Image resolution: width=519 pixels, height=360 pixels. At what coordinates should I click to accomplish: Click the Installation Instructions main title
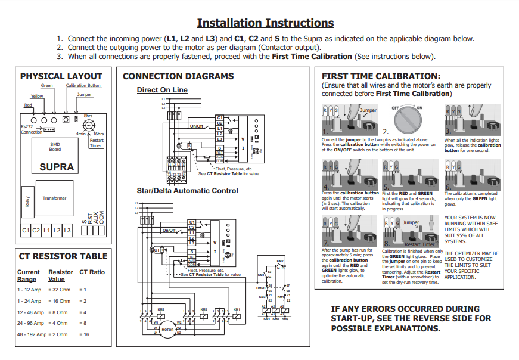(265, 23)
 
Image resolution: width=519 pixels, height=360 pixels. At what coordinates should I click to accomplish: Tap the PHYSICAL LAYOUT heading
(61, 76)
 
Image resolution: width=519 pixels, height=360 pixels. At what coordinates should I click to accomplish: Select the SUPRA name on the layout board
(57, 167)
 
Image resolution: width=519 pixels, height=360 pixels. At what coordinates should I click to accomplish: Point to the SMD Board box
(55, 147)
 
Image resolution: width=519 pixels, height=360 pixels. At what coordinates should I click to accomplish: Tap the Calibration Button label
(83, 86)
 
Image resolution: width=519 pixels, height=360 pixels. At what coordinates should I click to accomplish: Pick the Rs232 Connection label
(32, 129)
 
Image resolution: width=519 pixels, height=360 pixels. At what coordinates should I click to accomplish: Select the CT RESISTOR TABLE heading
(63, 256)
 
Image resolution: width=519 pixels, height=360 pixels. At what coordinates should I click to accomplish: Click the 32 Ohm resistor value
(60, 290)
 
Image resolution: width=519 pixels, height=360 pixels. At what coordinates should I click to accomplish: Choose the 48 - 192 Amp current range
(31, 334)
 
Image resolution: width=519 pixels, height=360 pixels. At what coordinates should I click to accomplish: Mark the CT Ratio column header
(92, 272)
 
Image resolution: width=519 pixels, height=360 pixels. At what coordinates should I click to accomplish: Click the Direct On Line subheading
(162, 90)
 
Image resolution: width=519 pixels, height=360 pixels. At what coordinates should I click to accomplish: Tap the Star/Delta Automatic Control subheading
(187, 191)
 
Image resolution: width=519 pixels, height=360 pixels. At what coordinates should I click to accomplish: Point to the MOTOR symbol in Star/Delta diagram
(167, 329)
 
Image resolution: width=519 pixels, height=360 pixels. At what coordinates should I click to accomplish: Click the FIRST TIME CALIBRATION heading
(381, 76)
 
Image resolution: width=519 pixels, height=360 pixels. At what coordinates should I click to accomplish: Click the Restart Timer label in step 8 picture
(419, 244)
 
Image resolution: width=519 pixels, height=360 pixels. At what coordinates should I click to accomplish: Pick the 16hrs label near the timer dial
(98, 134)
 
